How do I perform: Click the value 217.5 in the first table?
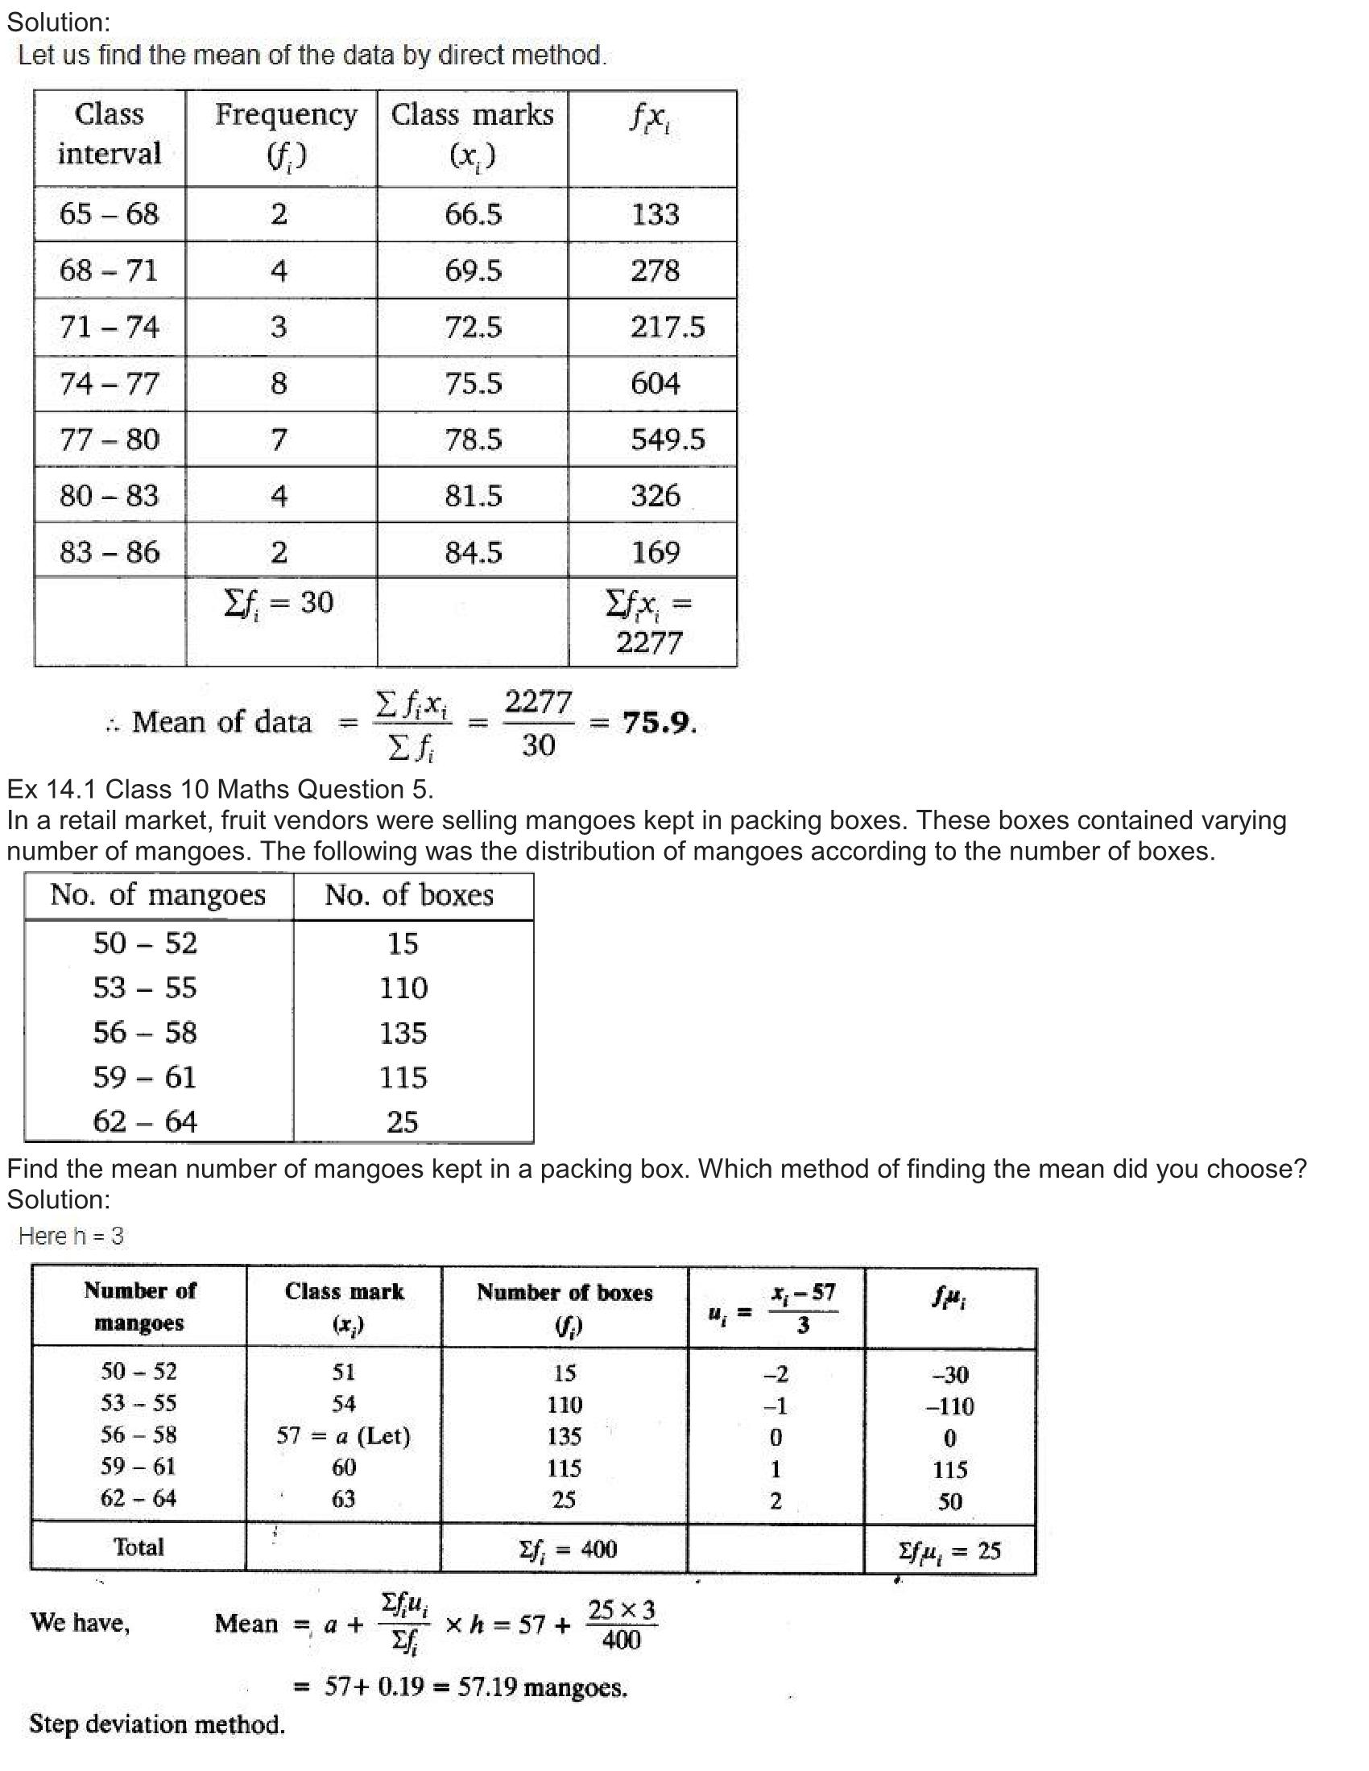[668, 327]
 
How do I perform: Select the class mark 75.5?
[473, 382]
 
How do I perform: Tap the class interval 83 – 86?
[110, 552]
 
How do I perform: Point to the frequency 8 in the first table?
[278, 382]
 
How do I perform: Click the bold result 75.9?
[658, 722]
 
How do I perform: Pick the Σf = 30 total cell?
[278, 602]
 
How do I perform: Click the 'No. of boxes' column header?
[409, 895]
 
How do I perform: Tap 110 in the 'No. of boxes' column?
[403, 988]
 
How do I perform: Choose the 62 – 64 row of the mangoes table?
[145, 1121]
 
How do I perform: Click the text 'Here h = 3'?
[72, 1236]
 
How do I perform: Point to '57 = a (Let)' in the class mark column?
[343, 1435]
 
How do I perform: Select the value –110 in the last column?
[949, 1406]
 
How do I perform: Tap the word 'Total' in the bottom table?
[139, 1547]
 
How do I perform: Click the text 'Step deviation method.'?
[157, 1724]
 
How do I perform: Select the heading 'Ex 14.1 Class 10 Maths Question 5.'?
[221, 789]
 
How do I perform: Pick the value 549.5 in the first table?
[668, 440]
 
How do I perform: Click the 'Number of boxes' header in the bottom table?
[565, 1293]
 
